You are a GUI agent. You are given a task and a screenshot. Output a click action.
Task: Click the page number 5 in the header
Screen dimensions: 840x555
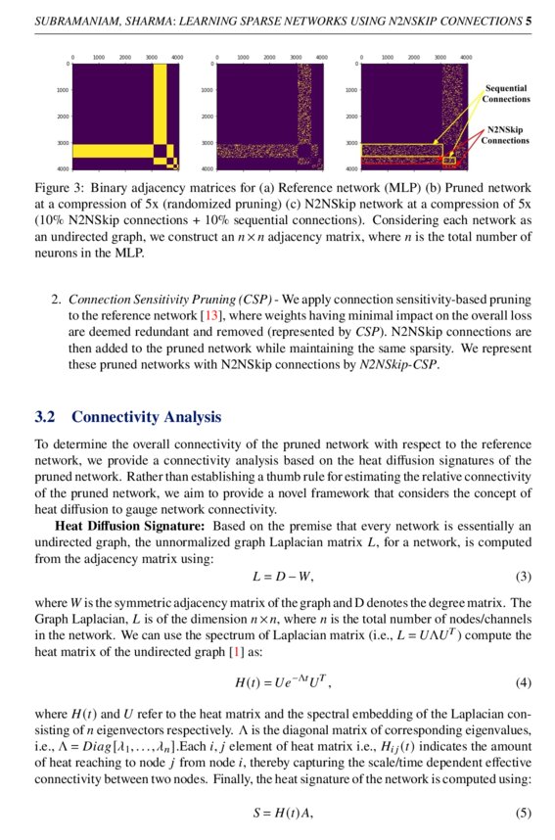529,20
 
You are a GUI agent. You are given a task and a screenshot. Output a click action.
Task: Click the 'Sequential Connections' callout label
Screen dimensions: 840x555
507,94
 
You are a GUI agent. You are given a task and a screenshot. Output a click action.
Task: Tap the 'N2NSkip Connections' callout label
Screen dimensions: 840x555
506,135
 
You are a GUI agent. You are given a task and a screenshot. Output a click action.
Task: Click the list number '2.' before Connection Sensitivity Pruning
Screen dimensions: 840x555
56,300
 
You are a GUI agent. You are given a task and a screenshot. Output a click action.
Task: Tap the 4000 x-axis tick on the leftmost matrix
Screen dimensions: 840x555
176,58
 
